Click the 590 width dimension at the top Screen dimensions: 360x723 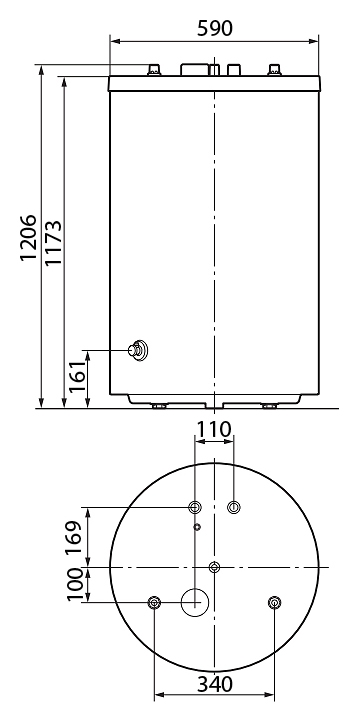[215, 29]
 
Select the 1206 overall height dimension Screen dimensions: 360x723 [28, 237]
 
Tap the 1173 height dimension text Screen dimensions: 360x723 [53, 243]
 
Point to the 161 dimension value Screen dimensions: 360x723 [77, 376]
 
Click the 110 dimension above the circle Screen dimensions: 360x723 [213, 429]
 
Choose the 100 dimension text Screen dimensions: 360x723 [75, 585]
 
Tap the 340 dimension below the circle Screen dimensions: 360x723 [215, 684]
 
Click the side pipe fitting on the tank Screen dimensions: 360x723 [138, 350]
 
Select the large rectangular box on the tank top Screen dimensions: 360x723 [194, 70]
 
